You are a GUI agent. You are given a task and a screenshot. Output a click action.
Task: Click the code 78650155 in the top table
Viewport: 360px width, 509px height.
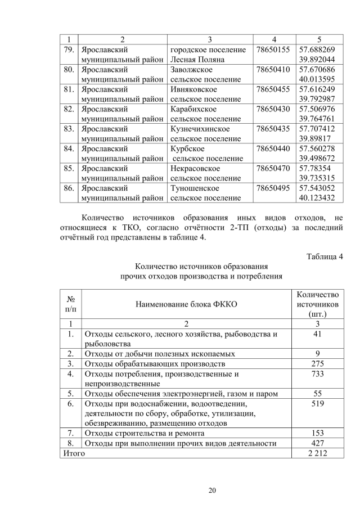(x=273, y=50)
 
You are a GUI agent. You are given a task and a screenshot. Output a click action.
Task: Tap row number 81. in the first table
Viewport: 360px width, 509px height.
(x=69, y=89)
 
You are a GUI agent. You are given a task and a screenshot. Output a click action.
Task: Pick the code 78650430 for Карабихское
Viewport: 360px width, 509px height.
(x=273, y=109)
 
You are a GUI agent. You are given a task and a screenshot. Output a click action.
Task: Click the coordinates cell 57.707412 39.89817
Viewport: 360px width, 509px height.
(x=317, y=133)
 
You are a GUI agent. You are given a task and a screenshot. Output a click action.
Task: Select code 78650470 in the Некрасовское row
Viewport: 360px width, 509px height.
(x=273, y=168)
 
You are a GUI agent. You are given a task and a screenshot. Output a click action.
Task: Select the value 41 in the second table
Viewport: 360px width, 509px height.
(x=317, y=334)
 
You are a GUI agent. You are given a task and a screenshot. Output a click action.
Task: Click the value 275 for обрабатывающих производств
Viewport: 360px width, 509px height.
(x=317, y=364)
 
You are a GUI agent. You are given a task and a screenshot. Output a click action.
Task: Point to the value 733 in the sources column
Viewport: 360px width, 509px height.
(x=317, y=373)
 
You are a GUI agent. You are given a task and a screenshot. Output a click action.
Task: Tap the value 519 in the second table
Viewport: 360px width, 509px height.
(x=317, y=403)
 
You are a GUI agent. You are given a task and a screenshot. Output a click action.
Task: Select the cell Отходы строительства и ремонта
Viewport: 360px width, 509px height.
(x=144, y=433)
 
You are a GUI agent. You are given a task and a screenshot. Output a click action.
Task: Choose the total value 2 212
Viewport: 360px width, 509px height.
(x=317, y=453)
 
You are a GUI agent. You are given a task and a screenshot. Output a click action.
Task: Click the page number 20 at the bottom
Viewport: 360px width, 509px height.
(x=212, y=491)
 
